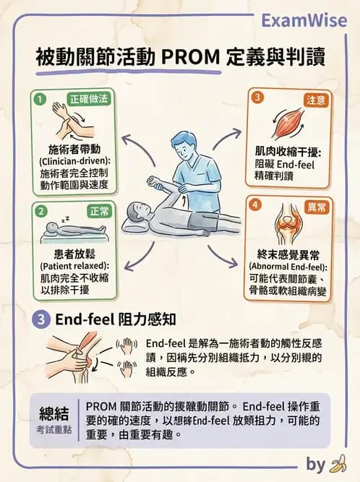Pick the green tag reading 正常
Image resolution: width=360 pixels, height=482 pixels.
tap(98, 211)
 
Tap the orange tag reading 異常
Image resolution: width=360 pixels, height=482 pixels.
tap(315, 207)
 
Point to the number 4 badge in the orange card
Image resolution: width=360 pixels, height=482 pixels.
tap(254, 206)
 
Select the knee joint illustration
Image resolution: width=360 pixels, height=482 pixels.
tap(287, 227)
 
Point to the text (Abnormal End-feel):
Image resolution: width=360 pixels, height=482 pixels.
tap(288, 265)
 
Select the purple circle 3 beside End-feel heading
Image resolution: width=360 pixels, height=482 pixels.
tap(41, 319)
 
